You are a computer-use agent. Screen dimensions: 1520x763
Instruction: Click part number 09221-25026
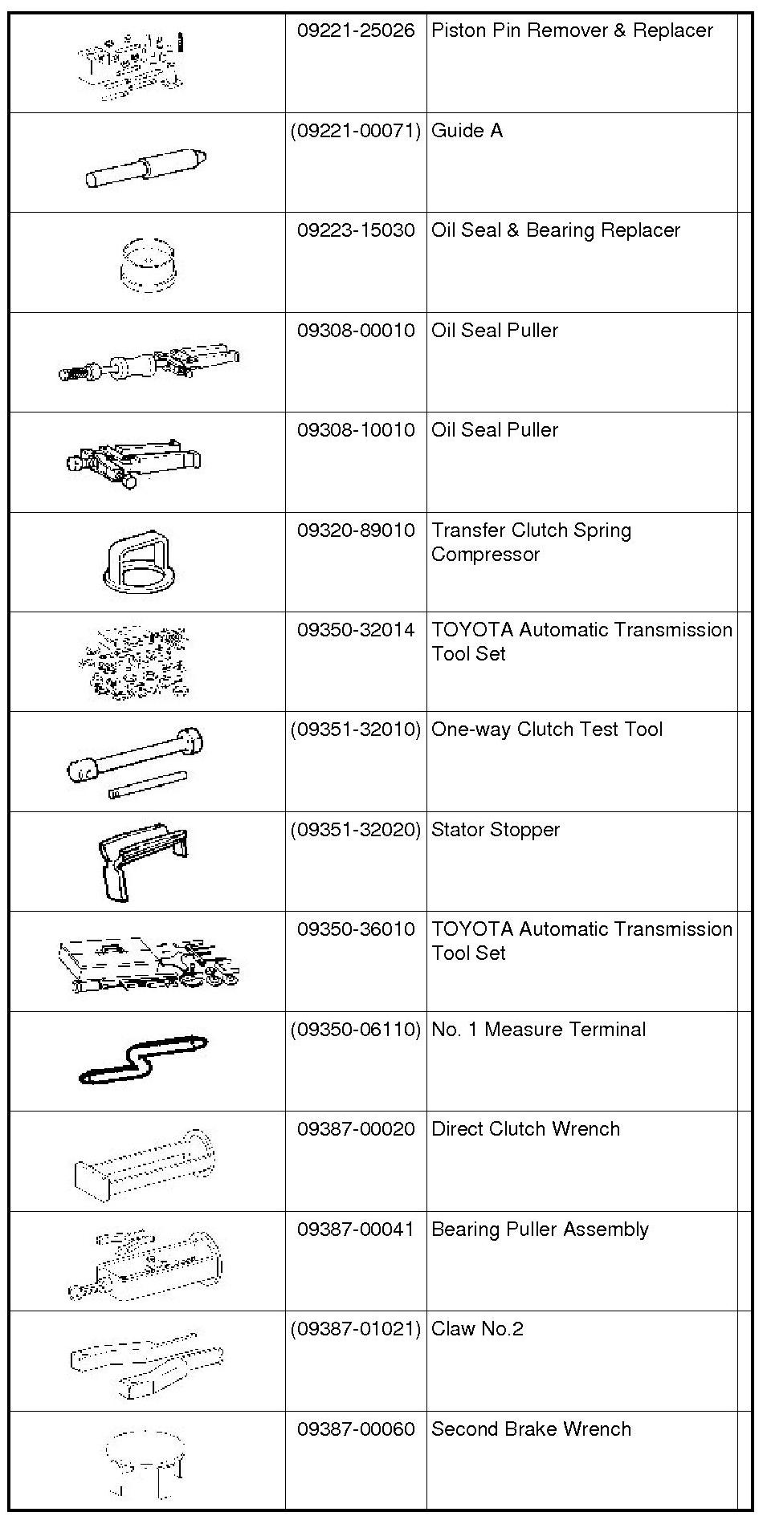[356, 30]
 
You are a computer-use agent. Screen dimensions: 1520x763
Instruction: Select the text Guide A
[467, 131]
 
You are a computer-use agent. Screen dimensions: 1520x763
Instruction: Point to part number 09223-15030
[356, 230]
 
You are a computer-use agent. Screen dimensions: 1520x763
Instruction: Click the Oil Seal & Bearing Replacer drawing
[148, 264]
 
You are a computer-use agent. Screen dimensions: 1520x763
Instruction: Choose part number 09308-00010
[356, 331]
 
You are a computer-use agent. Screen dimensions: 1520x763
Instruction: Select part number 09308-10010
[356, 430]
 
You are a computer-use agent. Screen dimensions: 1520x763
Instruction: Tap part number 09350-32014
[356, 630]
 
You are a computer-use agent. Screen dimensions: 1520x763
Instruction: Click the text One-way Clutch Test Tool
[547, 730]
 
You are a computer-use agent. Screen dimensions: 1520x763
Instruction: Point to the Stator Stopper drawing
[143, 860]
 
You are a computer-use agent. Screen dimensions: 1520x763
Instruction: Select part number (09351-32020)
[356, 830]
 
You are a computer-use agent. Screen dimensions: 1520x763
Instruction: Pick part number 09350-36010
[356, 929]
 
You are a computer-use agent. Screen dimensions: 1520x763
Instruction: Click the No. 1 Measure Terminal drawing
[143, 1059]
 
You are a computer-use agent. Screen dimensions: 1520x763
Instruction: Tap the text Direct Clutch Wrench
[525, 1129]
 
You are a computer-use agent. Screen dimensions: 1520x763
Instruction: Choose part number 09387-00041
[356, 1229]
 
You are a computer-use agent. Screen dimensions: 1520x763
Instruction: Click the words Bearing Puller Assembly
[540, 1229]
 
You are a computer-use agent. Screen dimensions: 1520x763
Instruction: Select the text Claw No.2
[477, 1329]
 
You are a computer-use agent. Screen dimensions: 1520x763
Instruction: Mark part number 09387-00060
[356, 1429]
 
